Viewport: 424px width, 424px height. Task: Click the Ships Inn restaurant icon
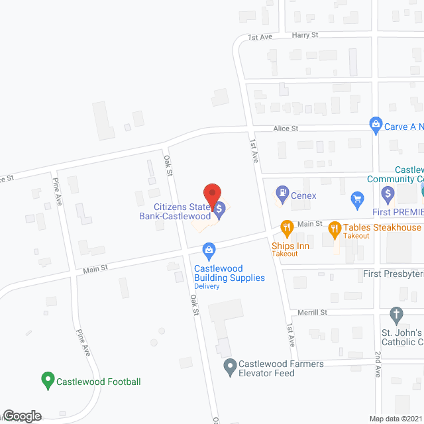287,229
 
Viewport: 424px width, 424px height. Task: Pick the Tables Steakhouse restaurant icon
333,228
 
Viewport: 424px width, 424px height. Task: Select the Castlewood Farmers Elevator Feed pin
230,364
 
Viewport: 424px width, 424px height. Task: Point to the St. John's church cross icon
396,313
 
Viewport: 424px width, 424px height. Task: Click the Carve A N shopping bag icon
376,124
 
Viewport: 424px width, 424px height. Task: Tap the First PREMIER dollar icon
388,195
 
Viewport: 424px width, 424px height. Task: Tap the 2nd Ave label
377,364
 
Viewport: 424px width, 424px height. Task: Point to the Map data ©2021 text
396,419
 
